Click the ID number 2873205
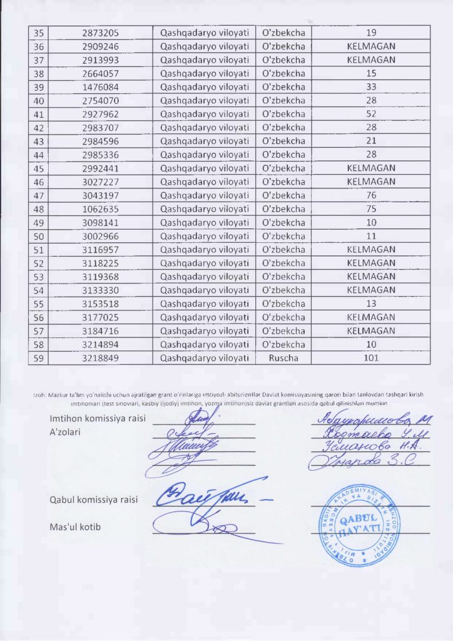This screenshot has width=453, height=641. (x=101, y=33)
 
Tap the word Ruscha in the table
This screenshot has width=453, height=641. (x=283, y=358)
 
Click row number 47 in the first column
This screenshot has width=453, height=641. (x=39, y=195)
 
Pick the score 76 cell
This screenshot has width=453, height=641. (x=370, y=195)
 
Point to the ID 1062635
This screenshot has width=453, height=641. (x=101, y=209)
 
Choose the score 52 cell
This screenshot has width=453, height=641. (x=370, y=114)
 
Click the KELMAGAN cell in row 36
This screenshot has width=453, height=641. (x=370, y=46)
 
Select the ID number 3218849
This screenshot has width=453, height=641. (x=101, y=358)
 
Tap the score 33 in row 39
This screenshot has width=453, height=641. (x=370, y=87)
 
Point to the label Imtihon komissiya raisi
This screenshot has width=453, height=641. (x=98, y=419)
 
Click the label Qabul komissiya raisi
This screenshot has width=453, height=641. (x=94, y=500)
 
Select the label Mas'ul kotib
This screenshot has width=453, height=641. (x=75, y=527)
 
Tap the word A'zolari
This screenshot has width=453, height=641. (x=68, y=432)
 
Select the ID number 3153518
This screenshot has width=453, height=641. (x=101, y=304)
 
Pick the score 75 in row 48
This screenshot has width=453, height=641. (x=370, y=209)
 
